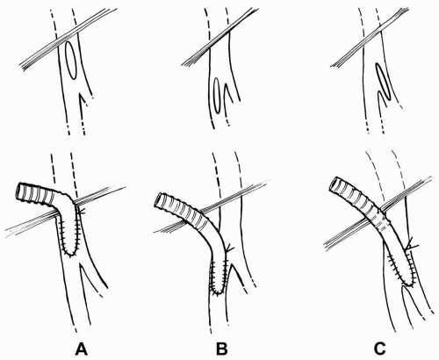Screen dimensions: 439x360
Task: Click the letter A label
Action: click(82, 349)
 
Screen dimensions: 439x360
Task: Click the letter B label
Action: click(221, 349)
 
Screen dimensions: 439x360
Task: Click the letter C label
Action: click(379, 349)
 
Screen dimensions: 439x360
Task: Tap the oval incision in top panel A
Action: click(71, 61)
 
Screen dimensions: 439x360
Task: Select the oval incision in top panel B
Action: click(218, 96)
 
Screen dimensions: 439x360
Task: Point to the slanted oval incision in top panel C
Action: click(383, 82)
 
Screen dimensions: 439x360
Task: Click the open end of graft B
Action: click(159, 200)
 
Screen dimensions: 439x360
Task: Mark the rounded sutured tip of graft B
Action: click(218, 292)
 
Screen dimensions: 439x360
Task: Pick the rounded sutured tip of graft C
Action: click(409, 283)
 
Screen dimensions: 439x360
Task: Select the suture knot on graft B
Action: click(229, 248)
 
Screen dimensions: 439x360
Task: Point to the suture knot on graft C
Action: click(411, 245)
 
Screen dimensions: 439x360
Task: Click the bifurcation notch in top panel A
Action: click(79, 95)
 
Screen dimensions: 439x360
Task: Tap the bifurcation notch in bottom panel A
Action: click(82, 266)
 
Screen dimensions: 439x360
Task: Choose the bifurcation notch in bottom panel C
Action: click(405, 287)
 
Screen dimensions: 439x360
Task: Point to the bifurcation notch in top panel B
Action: click(226, 84)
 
